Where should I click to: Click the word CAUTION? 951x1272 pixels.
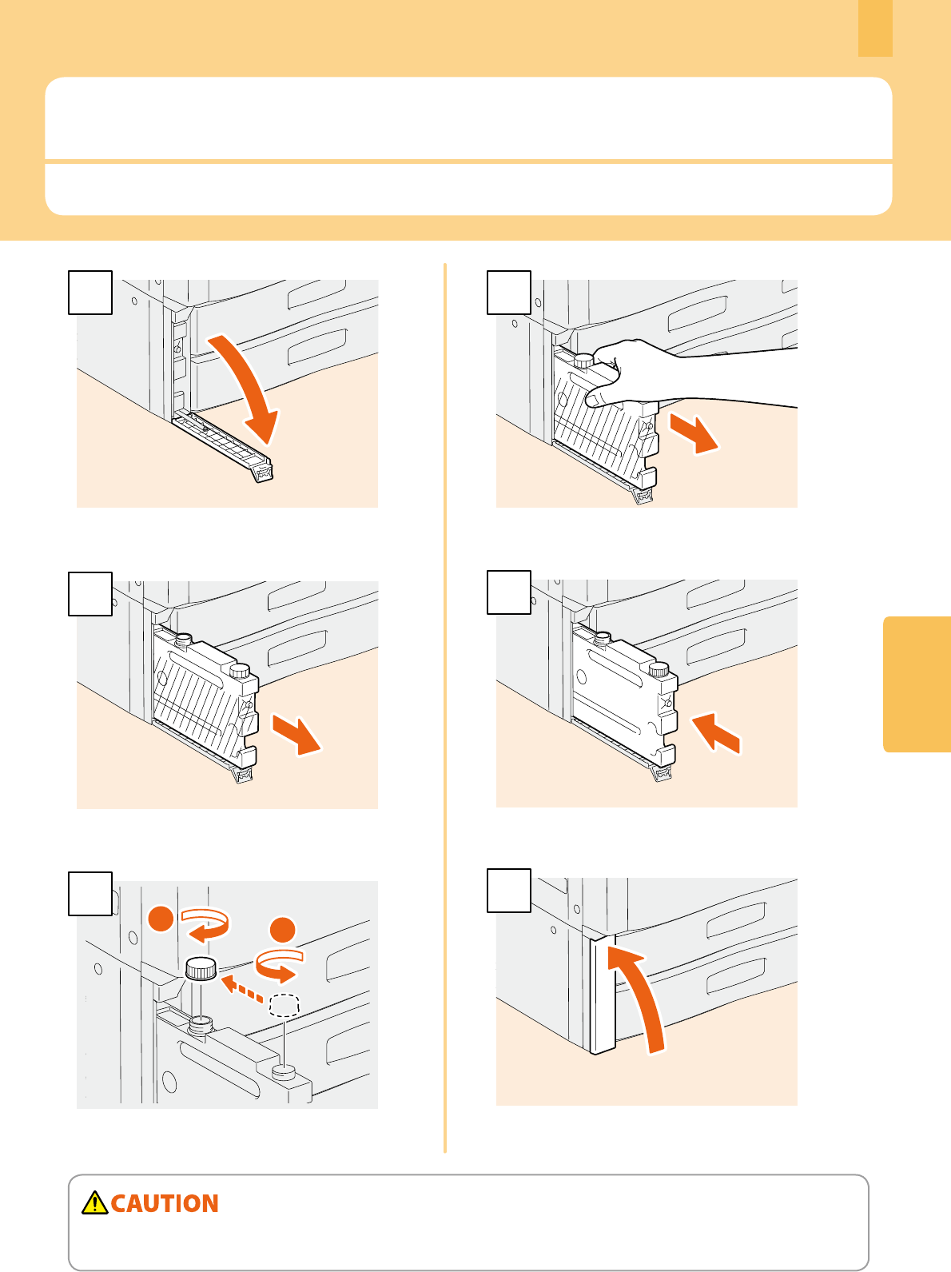[165, 1203]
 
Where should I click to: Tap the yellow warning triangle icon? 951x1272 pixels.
[94, 1202]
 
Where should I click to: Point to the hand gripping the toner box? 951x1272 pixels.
[683, 374]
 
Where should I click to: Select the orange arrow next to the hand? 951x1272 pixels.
[694, 433]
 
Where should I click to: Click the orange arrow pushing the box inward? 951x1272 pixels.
[716, 733]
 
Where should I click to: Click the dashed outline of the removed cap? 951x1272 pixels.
[285, 1006]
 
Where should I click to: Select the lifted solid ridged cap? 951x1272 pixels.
[201, 968]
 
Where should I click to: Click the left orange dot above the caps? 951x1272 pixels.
[161, 919]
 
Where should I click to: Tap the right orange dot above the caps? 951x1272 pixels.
[283, 930]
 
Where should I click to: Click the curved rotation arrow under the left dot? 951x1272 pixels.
[205, 925]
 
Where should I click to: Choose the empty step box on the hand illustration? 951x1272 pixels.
[509, 293]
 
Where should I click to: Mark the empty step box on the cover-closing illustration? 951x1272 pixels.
[509, 891]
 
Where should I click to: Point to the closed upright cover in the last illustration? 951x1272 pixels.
[603, 993]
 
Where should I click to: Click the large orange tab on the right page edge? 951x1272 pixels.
[917, 684]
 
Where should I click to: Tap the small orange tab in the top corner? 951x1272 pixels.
[875, 29]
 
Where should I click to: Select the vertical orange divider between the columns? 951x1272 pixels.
[445, 708]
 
